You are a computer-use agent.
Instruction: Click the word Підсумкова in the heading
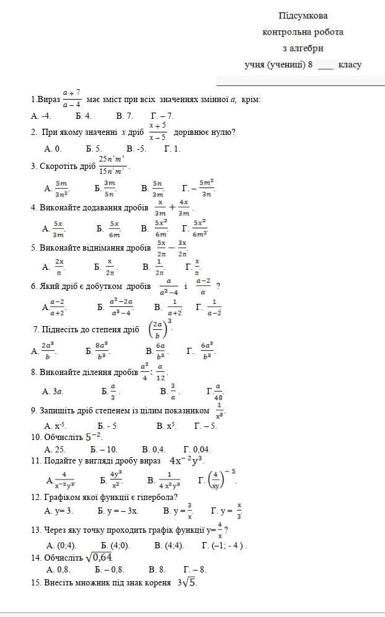(x=303, y=15)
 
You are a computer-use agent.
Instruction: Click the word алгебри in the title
(x=307, y=48)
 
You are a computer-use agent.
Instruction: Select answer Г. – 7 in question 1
(x=162, y=116)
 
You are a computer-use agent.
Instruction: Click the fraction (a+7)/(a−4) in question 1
(x=72, y=98)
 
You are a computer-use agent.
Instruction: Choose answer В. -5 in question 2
(x=136, y=149)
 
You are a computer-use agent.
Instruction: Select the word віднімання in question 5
(x=90, y=248)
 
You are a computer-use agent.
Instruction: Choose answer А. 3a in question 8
(x=53, y=391)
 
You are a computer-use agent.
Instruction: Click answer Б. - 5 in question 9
(x=108, y=426)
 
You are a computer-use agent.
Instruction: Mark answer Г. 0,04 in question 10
(x=197, y=449)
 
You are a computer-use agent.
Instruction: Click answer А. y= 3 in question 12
(x=59, y=511)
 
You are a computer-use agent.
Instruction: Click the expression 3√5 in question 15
(x=187, y=582)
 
